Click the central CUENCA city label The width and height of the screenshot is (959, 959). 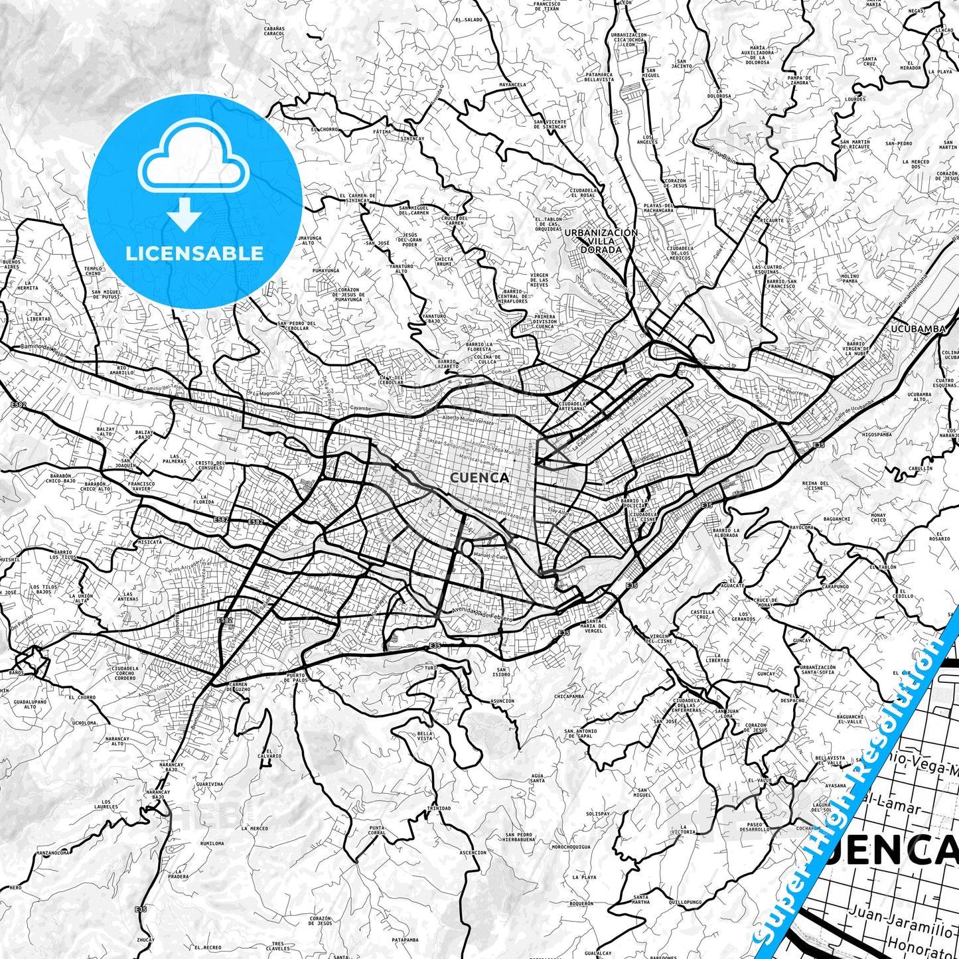coord(479,477)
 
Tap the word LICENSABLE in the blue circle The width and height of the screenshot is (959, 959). coord(194,253)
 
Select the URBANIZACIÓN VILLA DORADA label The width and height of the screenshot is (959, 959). coord(601,241)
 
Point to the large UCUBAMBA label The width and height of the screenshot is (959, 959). coord(918,329)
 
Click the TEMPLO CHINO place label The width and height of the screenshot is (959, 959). coord(93,271)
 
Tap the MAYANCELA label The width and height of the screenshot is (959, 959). coord(512,85)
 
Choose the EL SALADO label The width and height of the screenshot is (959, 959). coord(469,20)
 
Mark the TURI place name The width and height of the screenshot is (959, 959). coord(431,667)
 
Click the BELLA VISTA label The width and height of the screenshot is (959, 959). coord(425,736)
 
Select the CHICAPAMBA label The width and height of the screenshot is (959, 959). coord(569,696)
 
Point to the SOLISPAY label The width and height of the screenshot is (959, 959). coord(597,814)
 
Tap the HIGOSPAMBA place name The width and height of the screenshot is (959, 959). coord(877,435)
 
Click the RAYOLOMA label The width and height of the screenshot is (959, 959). coord(801,527)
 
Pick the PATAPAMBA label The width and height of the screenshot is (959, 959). coord(405,940)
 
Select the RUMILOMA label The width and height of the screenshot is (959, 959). coord(212,843)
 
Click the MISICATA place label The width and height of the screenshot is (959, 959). coord(149,542)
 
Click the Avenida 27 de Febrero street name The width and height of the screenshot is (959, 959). coord(482,613)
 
